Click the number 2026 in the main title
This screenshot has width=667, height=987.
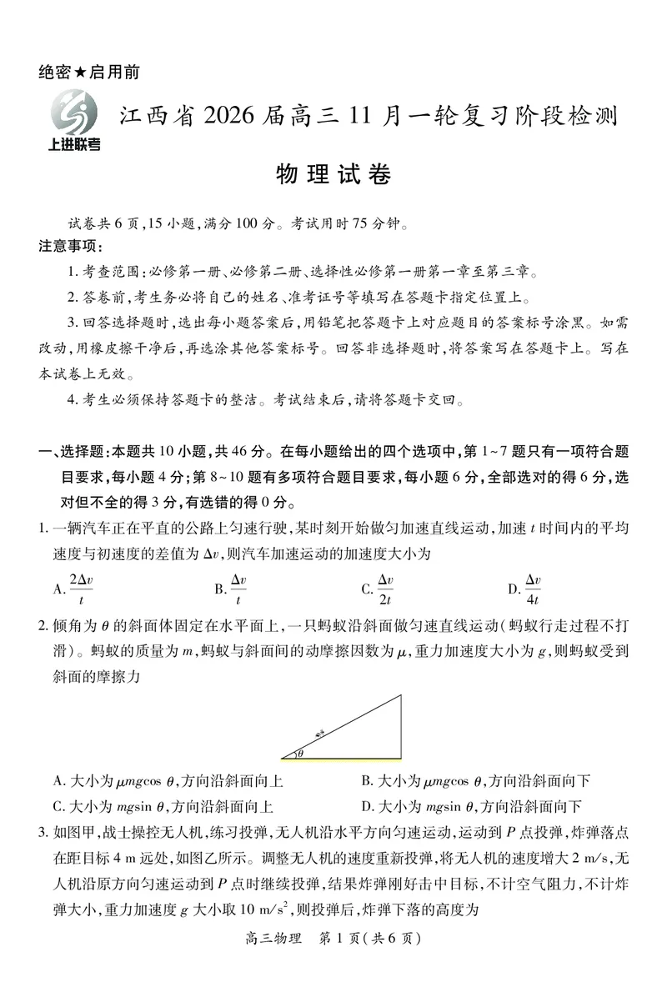(x=220, y=118)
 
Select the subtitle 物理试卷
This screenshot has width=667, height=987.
(x=333, y=175)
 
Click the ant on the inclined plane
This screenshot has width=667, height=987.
(x=320, y=734)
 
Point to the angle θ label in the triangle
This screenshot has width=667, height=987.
(x=300, y=753)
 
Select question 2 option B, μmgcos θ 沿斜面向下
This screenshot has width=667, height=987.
(x=476, y=781)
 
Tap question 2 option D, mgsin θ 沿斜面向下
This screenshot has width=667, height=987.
(x=471, y=806)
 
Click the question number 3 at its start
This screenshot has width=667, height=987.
(x=43, y=832)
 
